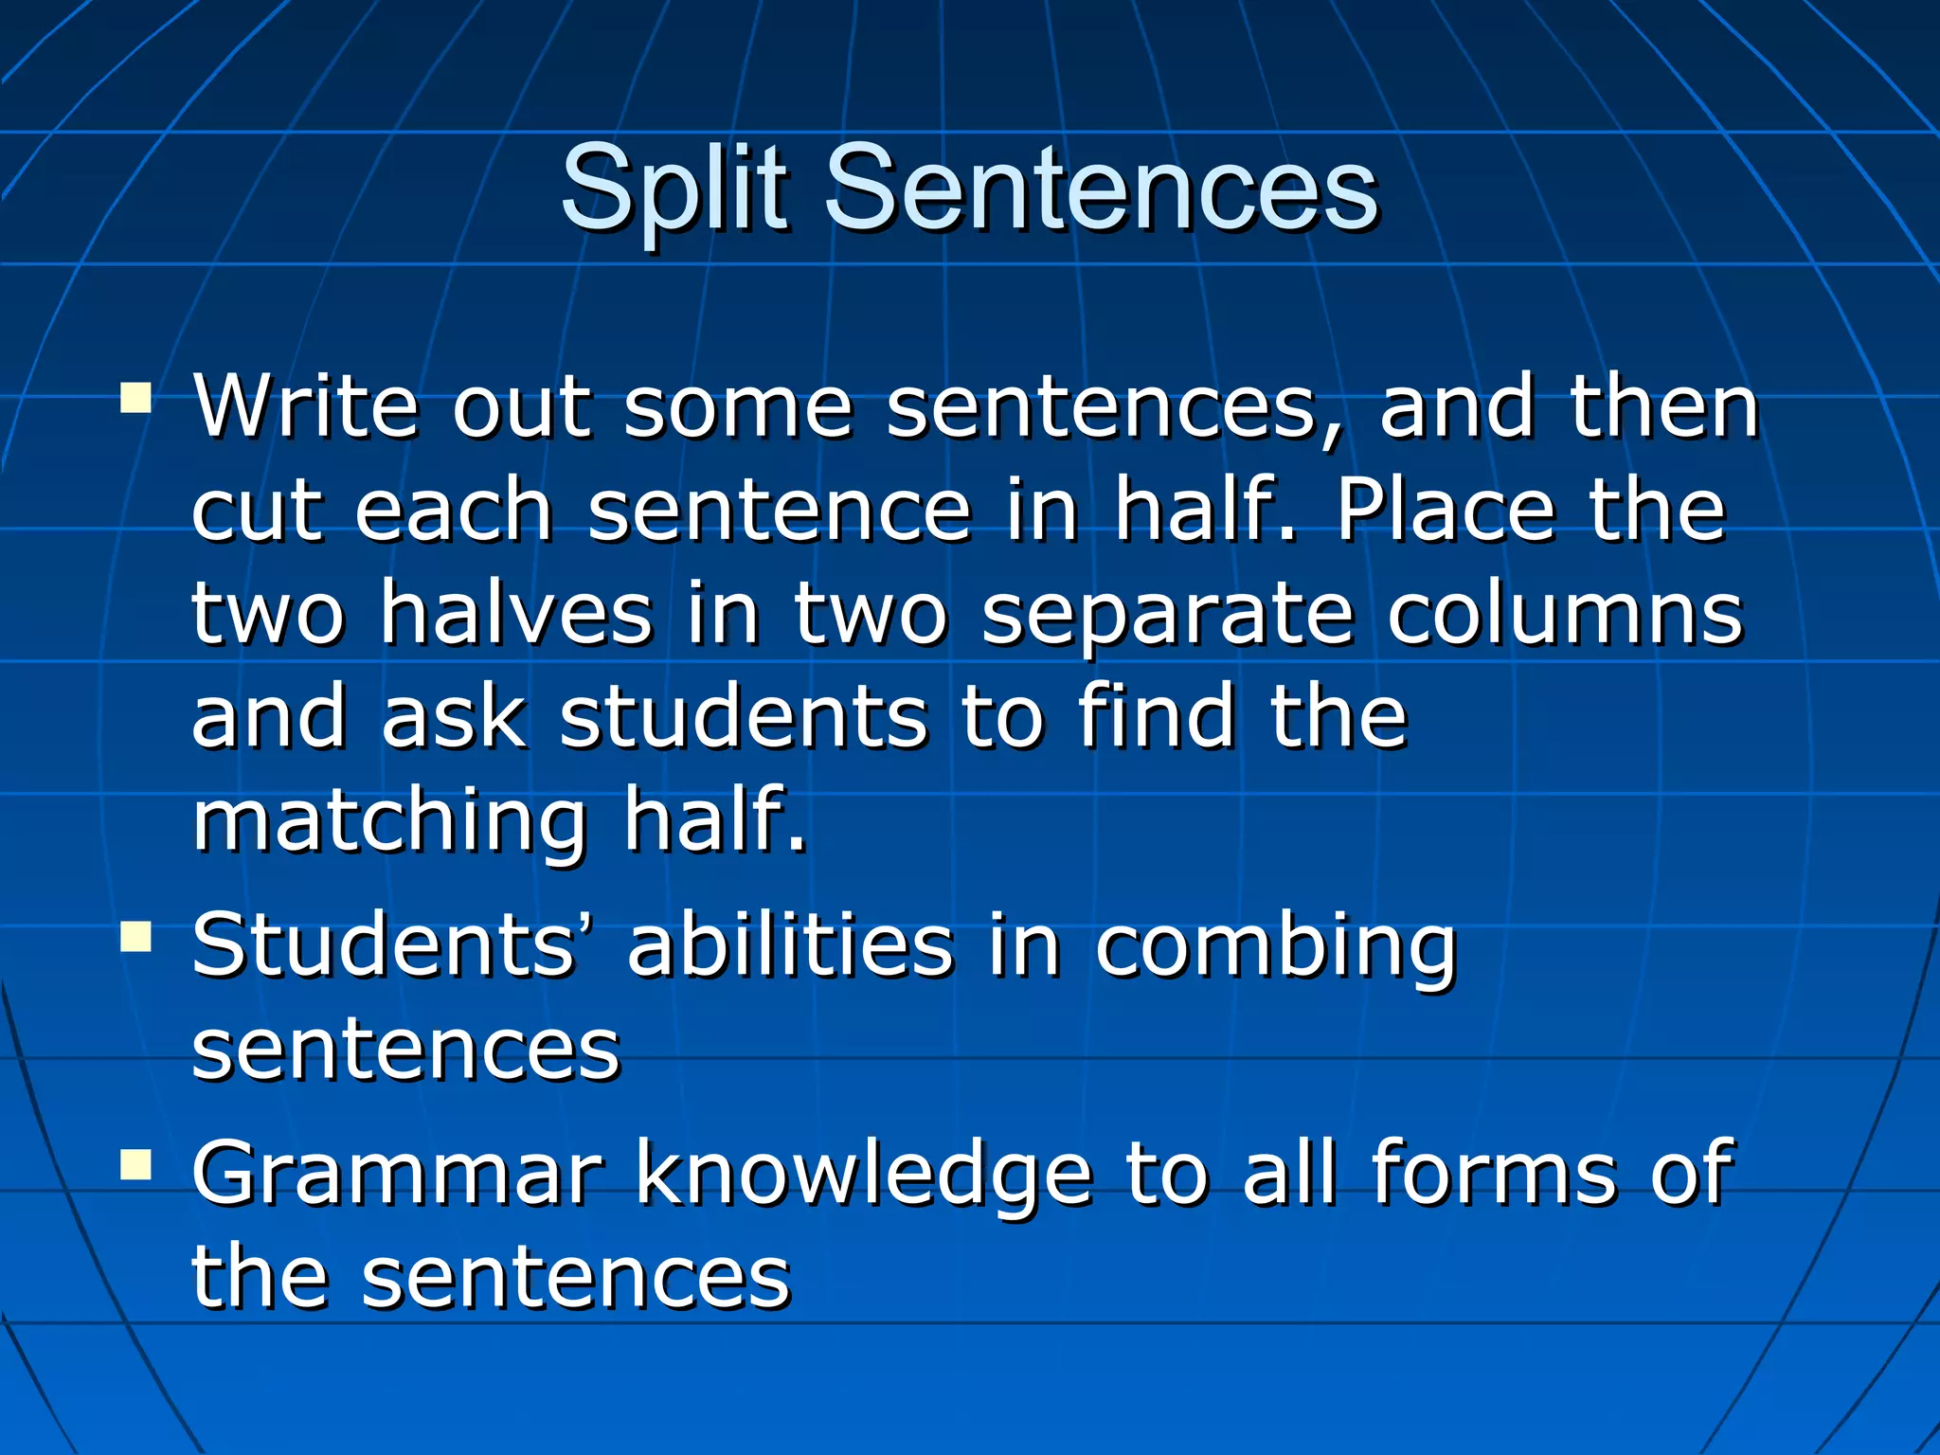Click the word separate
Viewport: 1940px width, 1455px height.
(1168, 616)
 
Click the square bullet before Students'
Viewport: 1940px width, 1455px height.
(136, 937)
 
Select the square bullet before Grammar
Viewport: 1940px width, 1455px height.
(136, 1165)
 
